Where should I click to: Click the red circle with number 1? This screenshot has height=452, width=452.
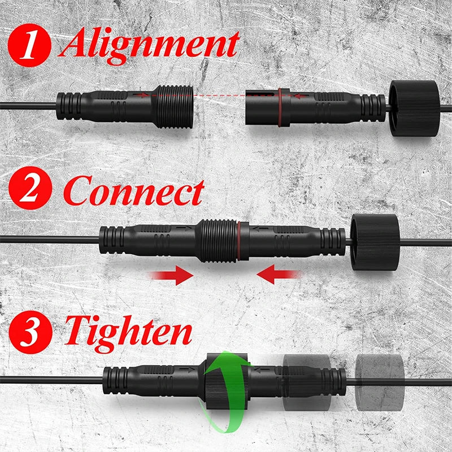point(29,45)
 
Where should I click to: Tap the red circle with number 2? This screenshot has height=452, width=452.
point(31,188)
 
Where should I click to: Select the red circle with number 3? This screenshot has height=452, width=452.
point(31,332)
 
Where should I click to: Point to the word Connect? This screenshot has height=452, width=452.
point(134,190)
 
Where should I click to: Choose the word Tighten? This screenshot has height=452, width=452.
point(128,334)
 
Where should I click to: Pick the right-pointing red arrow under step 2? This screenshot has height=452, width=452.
point(172,275)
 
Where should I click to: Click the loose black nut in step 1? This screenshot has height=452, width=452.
point(415,108)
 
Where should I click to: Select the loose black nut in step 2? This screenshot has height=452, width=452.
point(375,242)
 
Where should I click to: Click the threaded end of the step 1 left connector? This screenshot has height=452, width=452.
point(175,107)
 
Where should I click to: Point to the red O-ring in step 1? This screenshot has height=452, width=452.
point(280,107)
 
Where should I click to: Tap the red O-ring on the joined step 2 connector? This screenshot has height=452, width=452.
point(239,241)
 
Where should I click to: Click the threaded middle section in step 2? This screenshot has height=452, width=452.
point(218,241)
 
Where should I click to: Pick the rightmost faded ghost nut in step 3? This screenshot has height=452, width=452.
point(380,383)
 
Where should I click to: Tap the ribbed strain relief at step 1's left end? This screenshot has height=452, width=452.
point(68,106)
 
